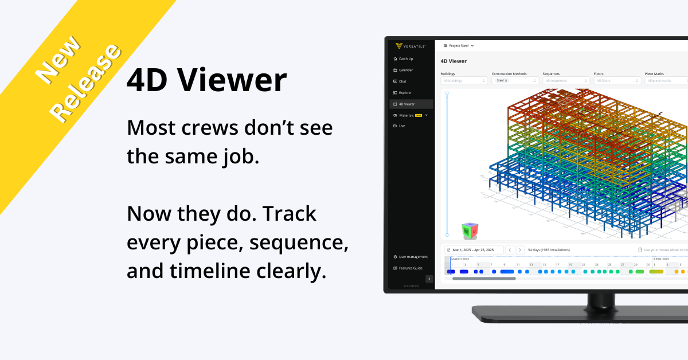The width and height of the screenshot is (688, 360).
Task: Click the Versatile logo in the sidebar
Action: point(410,46)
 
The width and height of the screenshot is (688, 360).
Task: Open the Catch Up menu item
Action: point(406,58)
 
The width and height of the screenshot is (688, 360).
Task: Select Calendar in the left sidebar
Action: point(405,70)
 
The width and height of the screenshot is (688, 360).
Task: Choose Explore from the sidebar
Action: point(404,93)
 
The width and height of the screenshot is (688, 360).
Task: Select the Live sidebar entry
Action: point(401,126)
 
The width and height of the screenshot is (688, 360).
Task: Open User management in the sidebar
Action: point(413,257)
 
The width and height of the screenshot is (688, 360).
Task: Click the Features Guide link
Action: point(411,268)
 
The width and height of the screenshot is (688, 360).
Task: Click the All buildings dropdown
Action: point(464,81)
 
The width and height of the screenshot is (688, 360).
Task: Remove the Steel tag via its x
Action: point(506,81)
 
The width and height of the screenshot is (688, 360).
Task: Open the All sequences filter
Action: point(566,81)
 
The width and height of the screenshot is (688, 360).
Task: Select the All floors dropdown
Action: point(617,81)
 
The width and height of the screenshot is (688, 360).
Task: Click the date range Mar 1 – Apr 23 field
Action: point(474,250)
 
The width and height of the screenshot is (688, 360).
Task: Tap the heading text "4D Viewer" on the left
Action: point(206,80)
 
